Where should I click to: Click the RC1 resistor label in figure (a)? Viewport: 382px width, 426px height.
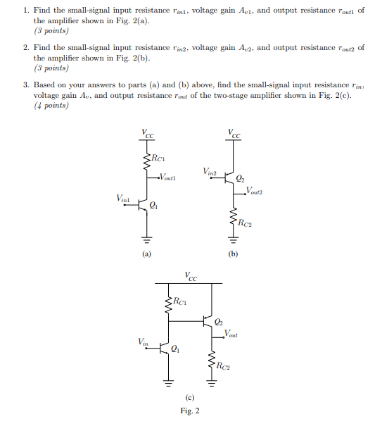coord(158,159)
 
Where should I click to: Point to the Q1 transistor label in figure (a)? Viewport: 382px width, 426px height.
coord(154,206)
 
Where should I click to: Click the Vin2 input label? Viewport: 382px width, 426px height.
coord(209,170)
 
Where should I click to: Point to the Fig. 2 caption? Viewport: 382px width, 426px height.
coord(189,411)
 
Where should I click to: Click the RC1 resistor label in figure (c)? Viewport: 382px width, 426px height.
coord(179,303)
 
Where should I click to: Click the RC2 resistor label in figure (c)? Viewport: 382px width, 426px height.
coord(223,365)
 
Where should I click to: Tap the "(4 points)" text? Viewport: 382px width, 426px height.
coord(51,106)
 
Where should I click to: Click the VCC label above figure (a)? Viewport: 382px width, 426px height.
coord(146,133)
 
